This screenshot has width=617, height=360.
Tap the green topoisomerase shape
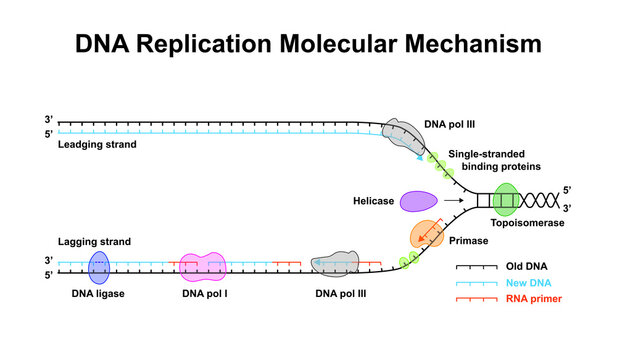[505, 199]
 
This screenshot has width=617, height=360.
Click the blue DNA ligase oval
[100, 267]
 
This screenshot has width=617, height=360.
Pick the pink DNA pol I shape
[204, 267]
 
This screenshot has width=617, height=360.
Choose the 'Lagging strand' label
[95, 242]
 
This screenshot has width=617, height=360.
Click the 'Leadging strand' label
[97, 145]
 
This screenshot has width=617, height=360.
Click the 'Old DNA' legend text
[535, 268]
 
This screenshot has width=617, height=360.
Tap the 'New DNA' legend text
[536, 283]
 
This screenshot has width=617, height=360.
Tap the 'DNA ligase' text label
[100, 294]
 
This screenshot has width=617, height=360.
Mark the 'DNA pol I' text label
[204, 294]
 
